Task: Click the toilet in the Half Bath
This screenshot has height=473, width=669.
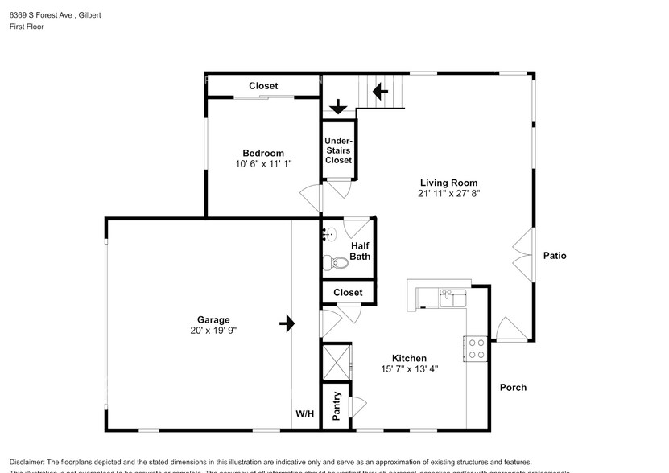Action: click(x=332, y=261)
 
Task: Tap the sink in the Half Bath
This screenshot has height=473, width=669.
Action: click(x=329, y=235)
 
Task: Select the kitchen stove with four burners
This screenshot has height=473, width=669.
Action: click(x=476, y=348)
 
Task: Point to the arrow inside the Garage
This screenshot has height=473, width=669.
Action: click(x=287, y=323)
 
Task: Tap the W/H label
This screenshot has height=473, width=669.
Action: click(x=304, y=414)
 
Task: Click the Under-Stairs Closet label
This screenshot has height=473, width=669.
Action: click(x=338, y=150)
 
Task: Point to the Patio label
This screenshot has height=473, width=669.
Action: click(x=554, y=256)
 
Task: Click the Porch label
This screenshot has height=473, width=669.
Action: click(x=513, y=387)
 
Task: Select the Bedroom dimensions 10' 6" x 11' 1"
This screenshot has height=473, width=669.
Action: click(x=263, y=164)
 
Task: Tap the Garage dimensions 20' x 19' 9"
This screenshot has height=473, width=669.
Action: click(x=209, y=330)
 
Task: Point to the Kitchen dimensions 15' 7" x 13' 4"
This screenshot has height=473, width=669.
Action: click(x=409, y=369)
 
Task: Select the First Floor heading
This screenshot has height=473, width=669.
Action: click(x=27, y=27)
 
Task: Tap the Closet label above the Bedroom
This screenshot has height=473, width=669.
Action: click(x=263, y=86)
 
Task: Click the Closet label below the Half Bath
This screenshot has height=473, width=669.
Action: click(x=348, y=292)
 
